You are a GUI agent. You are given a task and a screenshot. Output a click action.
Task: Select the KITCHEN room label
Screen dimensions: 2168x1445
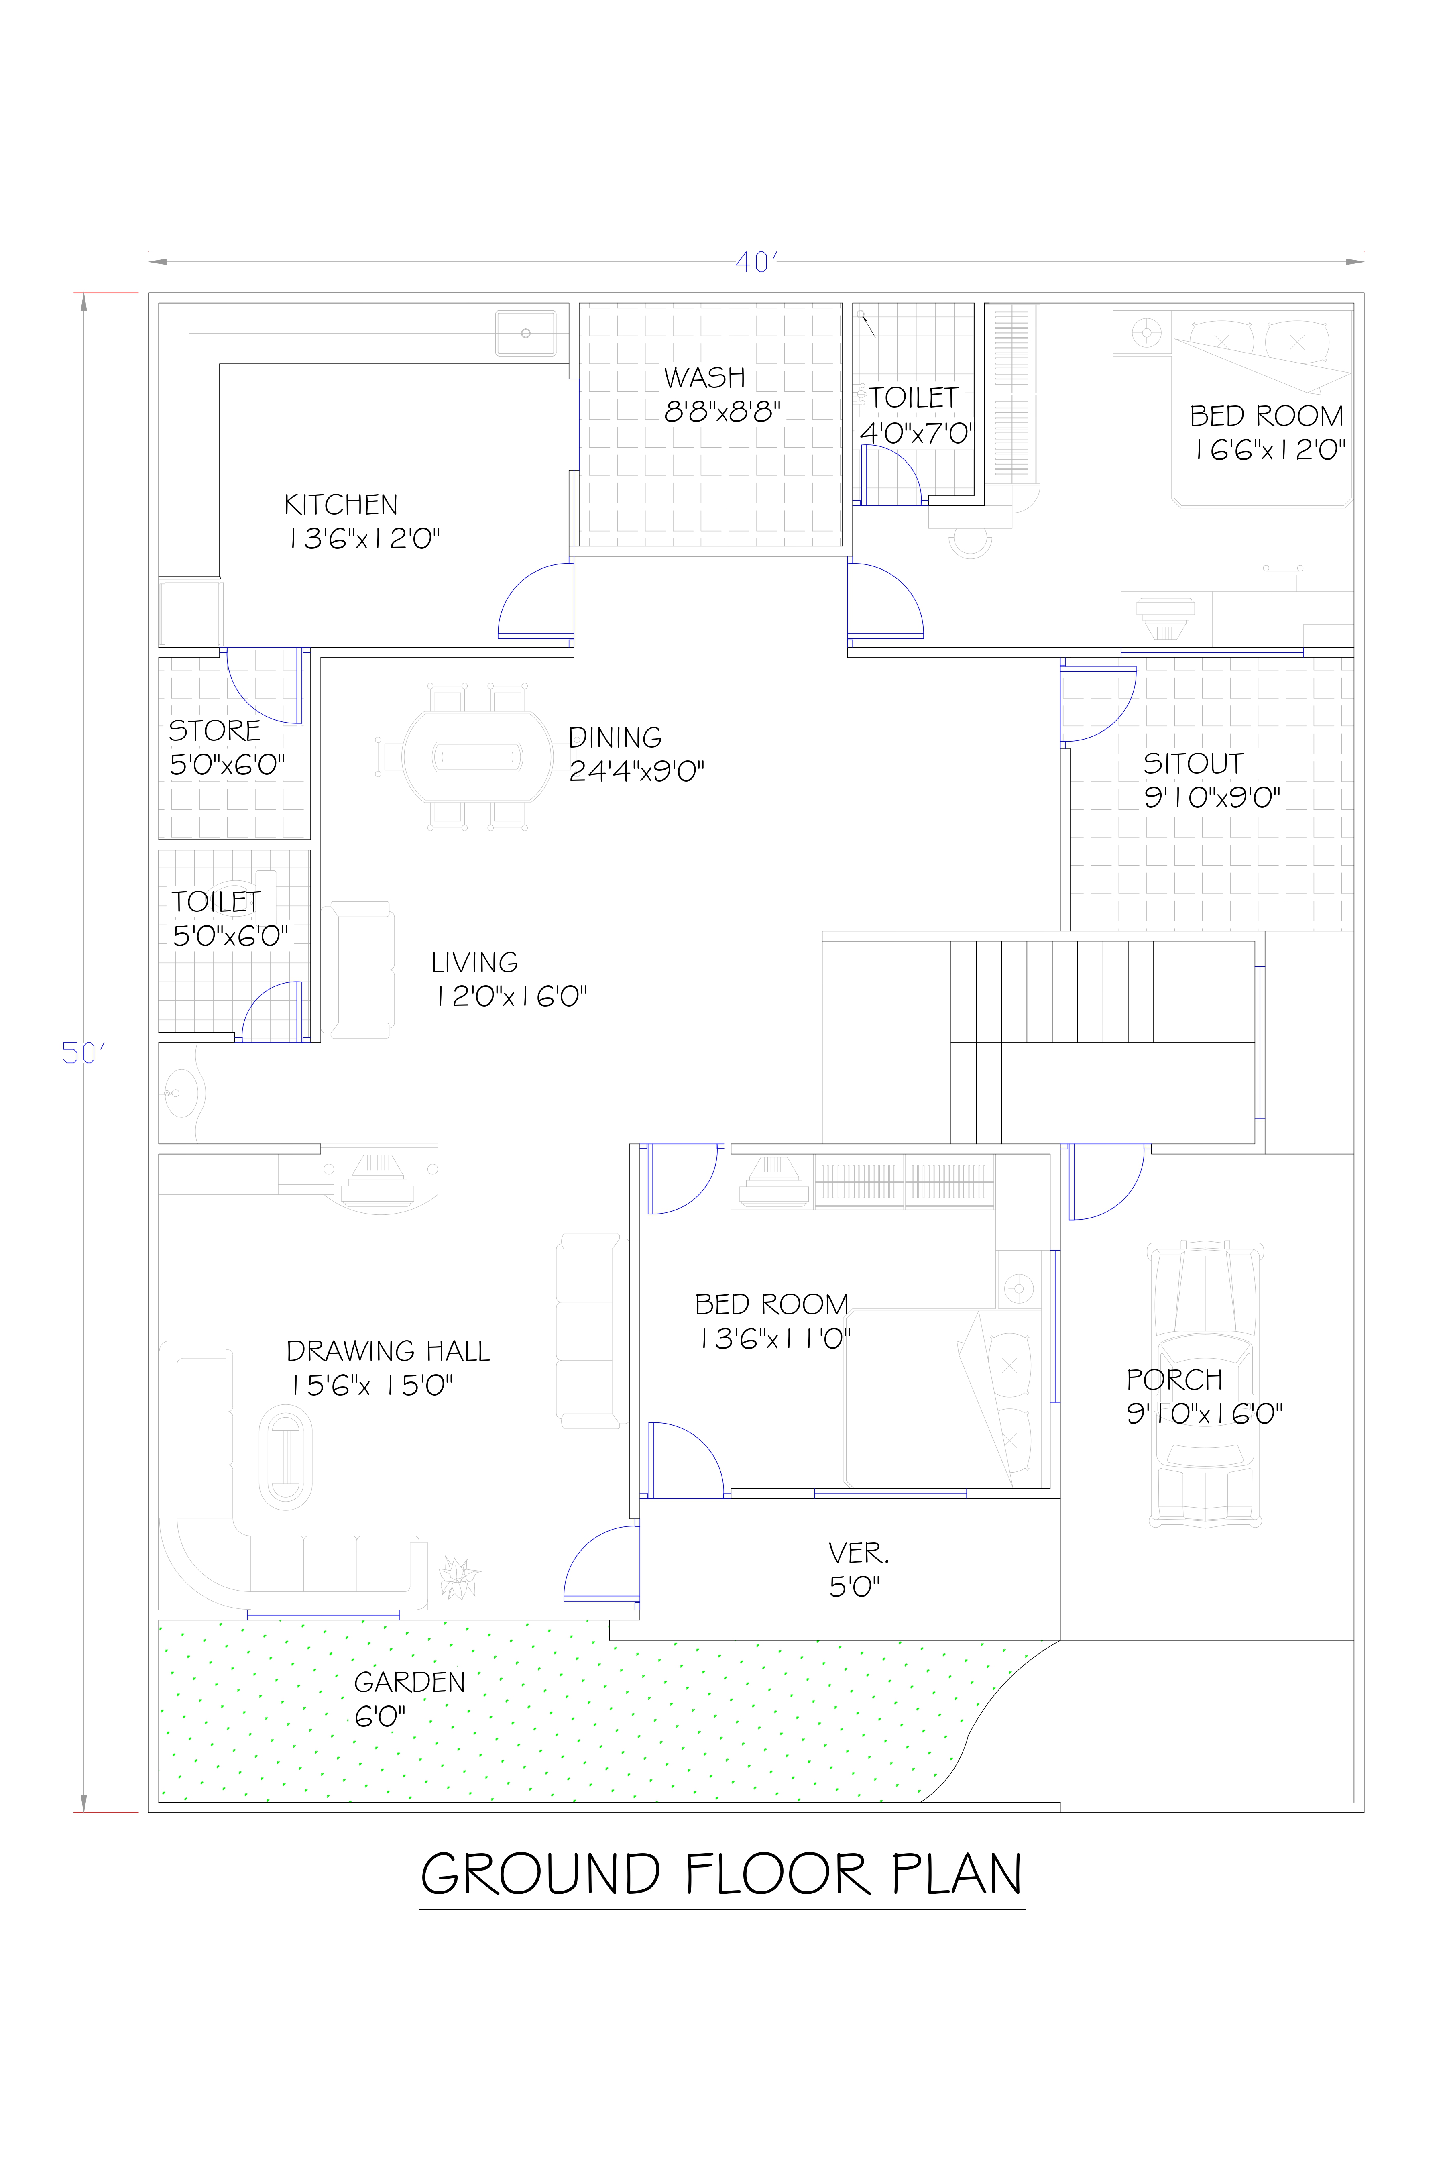pos(341,505)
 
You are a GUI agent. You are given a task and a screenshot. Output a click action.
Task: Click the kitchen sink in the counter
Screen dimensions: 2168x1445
pos(525,333)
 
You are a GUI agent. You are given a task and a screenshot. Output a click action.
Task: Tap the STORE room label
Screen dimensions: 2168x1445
pos(215,731)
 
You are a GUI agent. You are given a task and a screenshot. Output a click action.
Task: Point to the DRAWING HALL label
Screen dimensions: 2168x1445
pos(388,1351)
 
